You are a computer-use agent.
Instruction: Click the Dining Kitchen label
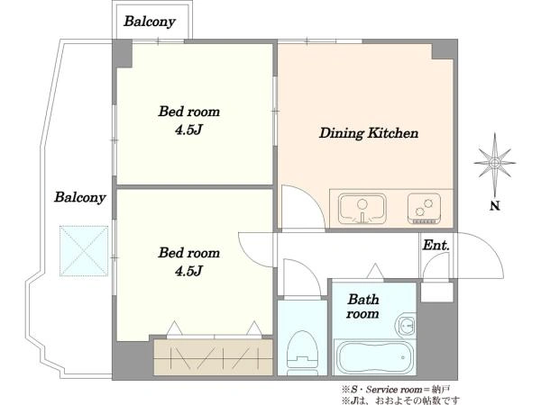pyautogui.click(x=369, y=133)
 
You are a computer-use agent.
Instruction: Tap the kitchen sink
pyautogui.click(x=362, y=209)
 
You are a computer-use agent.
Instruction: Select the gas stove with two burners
pyautogui.click(x=424, y=209)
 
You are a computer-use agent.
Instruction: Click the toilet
pyautogui.click(x=302, y=352)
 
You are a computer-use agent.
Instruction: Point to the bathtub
pyautogui.click(x=374, y=357)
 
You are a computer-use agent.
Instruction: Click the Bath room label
pyautogui.click(x=363, y=306)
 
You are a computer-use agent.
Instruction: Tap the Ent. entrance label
pyautogui.click(x=436, y=245)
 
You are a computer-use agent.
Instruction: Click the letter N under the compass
pyautogui.click(x=495, y=206)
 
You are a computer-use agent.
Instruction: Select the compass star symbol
pyautogui.click(x=495, y=163)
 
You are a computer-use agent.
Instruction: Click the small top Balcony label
pyautogui.click(x=150, y=22)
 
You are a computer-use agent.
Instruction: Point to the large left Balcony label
pyautogui.click(x=79, y=198)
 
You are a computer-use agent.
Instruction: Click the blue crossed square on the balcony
pyautogui.click(x=84, y=251)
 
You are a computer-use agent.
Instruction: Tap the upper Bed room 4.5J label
pyautogui.click(x=188, y=121)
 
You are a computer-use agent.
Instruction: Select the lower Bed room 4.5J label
pyautogui.click(x=188, y=262)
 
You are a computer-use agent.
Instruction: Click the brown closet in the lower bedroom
pyautogui.click(x=213, y=357)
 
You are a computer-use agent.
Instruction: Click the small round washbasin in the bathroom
pyautogui.click(x=407, y=324)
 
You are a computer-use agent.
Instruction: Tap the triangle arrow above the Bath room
pyautogui.click(x=375, y=271)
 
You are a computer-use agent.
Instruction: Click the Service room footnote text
pyautogui.click(x=396, y=390)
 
